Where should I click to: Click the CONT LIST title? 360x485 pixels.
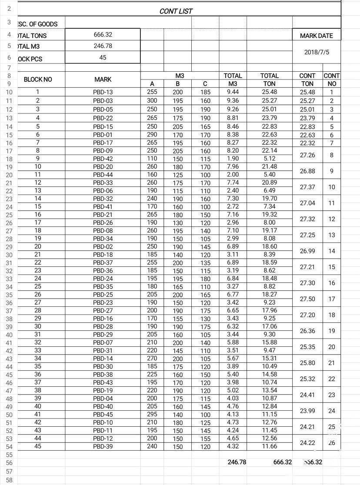pyautogui.click(x=176, y=11)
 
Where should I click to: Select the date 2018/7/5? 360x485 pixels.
pyautogui.click(x=317, y=52)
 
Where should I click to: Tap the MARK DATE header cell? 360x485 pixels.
pyautogui.click(x=317, y=36)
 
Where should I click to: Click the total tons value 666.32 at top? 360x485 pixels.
pyautogui.click(x=103, y=34)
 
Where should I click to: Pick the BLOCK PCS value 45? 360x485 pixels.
pyautogui.click(x=103, y=57)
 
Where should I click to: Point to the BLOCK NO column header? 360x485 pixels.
pyautogui.click(x=38, y=80)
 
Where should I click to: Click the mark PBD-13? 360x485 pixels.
pyautogui.click(x=103, y=92)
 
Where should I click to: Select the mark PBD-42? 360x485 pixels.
pyautogui.click(x=103, y=159)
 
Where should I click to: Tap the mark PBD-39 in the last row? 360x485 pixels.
pyautogui.click(x=103, y=447)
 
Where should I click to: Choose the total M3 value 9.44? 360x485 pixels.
pyautogui.click(x=233, y=92)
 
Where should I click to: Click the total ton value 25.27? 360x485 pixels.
pyautogui.click(x=270, y=100)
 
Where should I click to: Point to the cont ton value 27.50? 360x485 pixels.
pyautogui.click(x=307, y=299)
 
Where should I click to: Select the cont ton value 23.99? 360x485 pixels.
pyautogui.click(x=307, y=411)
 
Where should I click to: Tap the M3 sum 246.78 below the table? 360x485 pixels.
pyautogui.click(x=237, y=462)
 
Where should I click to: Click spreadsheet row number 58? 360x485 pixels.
pyautogui.click(x=9, y=480)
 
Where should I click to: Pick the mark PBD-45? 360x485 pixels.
pyautogui.click(x=103, y=415)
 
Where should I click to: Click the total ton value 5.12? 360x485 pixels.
pyautogui.click(x=270, y=159)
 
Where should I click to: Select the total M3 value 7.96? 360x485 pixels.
pyautogui.click(x=233, y=166)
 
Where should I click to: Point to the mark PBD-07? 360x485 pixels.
pyautogui.click(x=103, y=343)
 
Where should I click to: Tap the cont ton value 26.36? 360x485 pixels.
pyautogui.click(x=307, y=331)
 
